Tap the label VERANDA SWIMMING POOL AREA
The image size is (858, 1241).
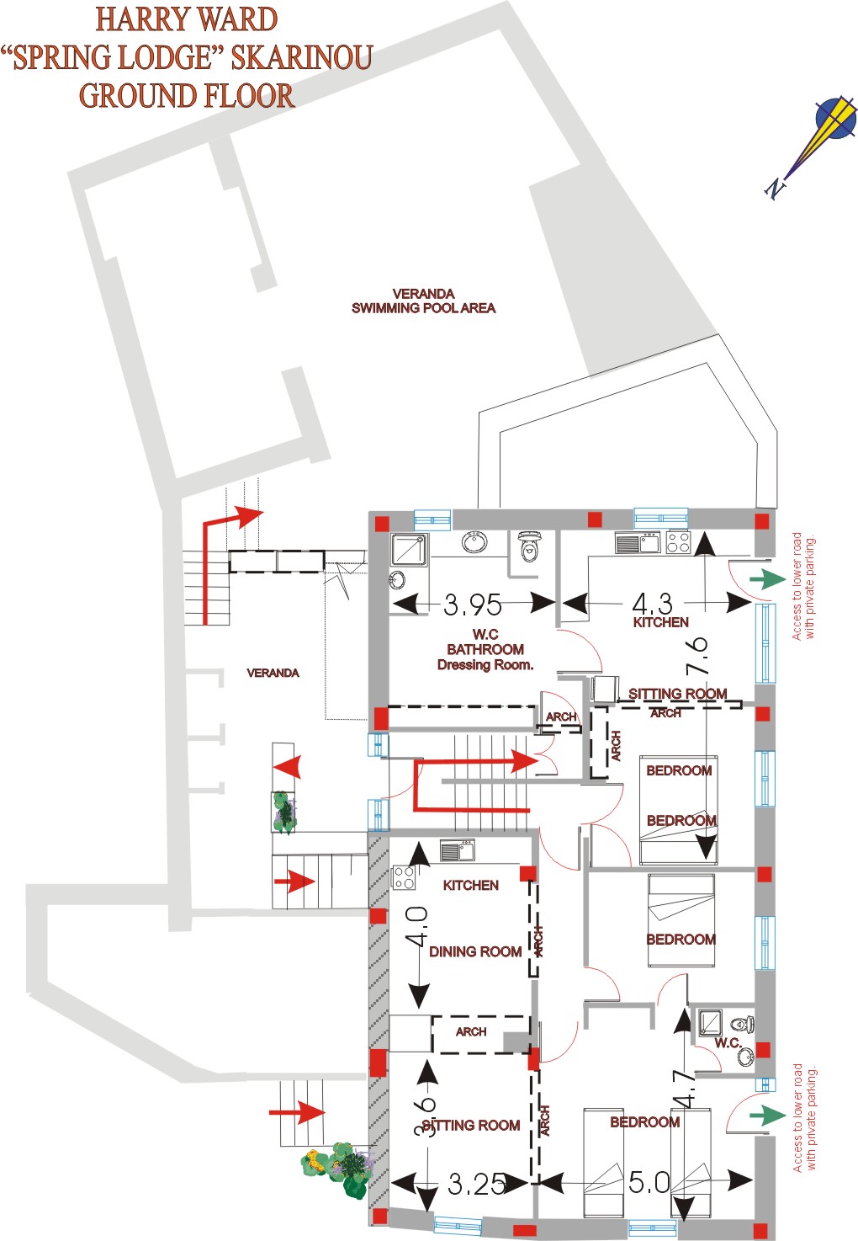pos(423,301)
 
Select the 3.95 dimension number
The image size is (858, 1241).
pos(472,605)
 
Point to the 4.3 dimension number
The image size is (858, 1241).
pos(653,603)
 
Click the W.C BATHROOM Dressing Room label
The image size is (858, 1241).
pos(485,650)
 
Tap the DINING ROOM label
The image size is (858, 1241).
pos(475,951)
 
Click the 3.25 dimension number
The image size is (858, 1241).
pos(477,1184)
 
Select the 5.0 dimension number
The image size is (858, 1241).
pos(649,1182)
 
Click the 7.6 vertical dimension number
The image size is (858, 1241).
pos(697,654)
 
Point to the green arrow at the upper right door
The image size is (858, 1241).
pos(767,579)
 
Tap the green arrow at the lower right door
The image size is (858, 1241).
pos(767,1116)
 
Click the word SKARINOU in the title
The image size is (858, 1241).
pos(302,57)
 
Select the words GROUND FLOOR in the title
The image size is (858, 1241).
pos(187,95)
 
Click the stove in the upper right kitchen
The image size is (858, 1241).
pos(678,542)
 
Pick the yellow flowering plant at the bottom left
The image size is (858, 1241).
pos(315,1164)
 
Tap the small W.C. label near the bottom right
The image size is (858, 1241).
pos(727,1043)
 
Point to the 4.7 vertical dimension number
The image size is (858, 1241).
pos(685,1088)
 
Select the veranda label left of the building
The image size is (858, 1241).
pos(273,673)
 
